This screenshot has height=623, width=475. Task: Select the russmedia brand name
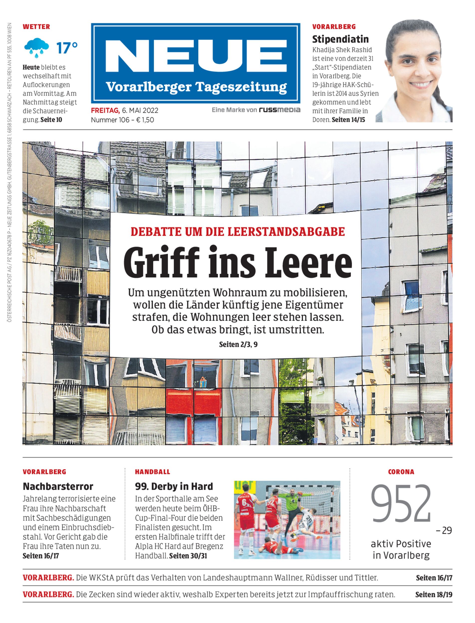[x=279, y=110]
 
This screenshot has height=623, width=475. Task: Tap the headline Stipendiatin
[x=341, y=39]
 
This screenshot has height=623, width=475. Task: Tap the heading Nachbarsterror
[x=58, y=486]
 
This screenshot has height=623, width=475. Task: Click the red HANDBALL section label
[x=152, y=472]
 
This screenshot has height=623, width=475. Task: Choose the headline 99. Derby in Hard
[x=174, y=486]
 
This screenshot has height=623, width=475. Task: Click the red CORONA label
[x=401, y=472]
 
